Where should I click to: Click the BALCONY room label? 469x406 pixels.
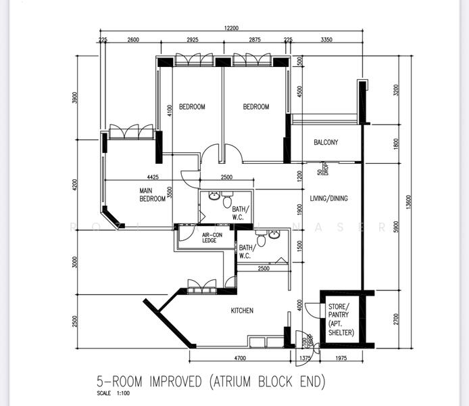click(326, 143)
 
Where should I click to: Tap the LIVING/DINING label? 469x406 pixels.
click(329, 199)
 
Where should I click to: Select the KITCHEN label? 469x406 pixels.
click(242, 311)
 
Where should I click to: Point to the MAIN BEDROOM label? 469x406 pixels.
click(153, 195)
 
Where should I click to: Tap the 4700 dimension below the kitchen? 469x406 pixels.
click(239, 357)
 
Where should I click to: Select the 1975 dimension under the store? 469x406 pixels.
click(341, 357)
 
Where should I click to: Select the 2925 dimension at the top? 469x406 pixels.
click(192, 41)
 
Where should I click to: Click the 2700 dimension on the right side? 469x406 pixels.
click(396, 318)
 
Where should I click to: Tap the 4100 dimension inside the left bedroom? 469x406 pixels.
click(170, 110)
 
